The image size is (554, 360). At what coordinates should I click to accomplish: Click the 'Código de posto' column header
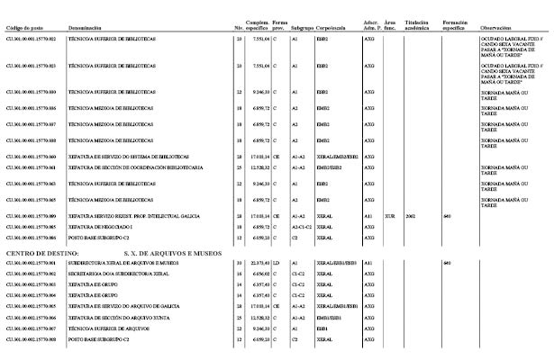[x=25, y=29]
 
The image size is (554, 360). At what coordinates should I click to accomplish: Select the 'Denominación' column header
[x=85, y=29]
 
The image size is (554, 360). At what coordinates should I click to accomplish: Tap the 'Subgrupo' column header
[x=302, y=29]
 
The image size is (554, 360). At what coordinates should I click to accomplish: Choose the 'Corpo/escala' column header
[x=332, y=29]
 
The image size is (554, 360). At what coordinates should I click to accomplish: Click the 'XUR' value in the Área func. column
[x=389, y=217]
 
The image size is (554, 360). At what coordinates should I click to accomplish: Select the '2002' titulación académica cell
[x=411, y=217]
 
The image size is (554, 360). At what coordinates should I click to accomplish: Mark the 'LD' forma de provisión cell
[x=277, y=263]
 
